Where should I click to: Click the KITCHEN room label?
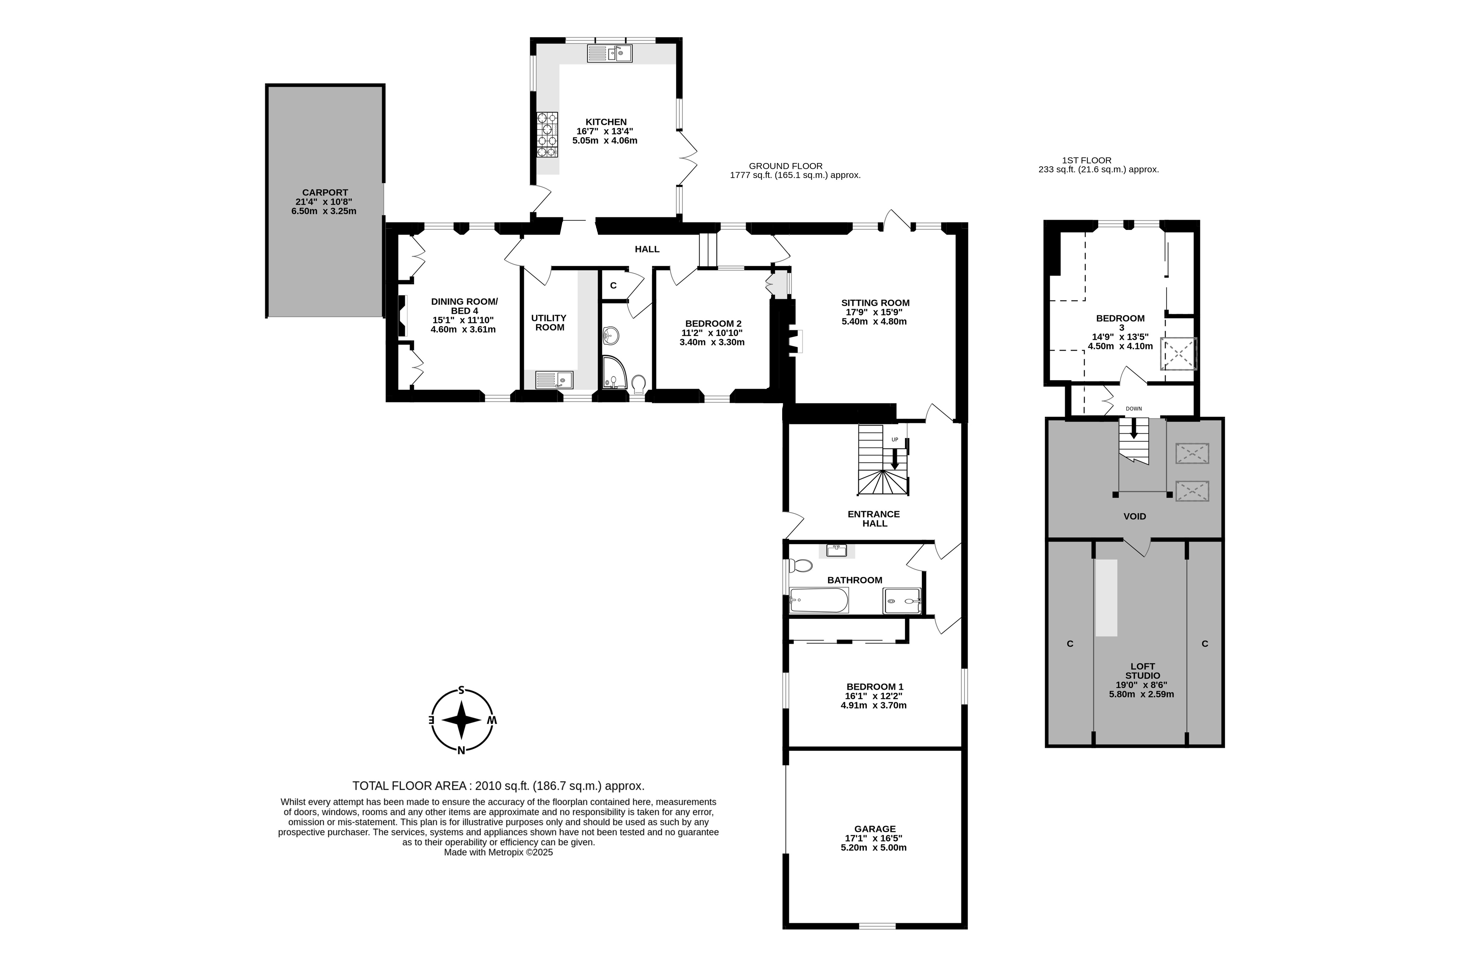606,122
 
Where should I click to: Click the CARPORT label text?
325,193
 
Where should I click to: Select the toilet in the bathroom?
800,566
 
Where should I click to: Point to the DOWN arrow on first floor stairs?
1134,429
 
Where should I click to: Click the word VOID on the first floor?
1135,516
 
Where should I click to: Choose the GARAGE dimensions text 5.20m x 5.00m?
874,847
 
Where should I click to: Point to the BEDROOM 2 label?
713,324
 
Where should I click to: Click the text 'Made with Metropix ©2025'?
498,852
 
